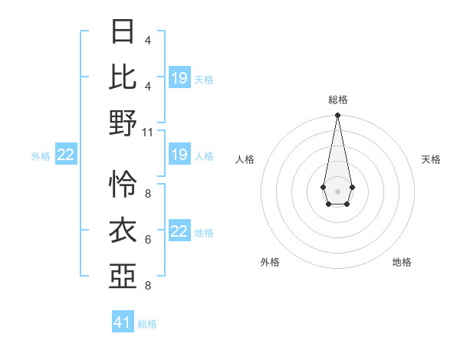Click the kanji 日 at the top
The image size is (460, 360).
(123, 31)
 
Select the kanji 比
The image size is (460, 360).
(123, 76)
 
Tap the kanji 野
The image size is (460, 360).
(123, 123)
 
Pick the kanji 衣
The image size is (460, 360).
(123, 230)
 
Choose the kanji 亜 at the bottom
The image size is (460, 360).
(123, 277)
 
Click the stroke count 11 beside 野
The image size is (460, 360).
(148, 132)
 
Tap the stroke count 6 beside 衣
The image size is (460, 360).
(148, 240)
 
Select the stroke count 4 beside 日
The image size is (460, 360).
(148, 40)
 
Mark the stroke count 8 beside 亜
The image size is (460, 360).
(148, 286)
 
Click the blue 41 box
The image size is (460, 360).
(123, 322)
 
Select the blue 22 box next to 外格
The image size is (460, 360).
(66, 155)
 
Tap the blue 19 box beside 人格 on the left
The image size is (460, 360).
(179, 155)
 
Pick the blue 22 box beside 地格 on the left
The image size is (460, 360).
(179, 232)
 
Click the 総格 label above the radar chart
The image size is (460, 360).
(337, 100)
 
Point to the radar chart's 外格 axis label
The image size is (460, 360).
(270, 262)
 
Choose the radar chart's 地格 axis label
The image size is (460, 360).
(402, 262)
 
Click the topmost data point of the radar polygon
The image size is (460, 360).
(337, 116)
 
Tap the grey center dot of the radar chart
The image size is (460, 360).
(337, 190)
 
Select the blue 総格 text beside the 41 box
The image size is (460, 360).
(147, 324)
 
